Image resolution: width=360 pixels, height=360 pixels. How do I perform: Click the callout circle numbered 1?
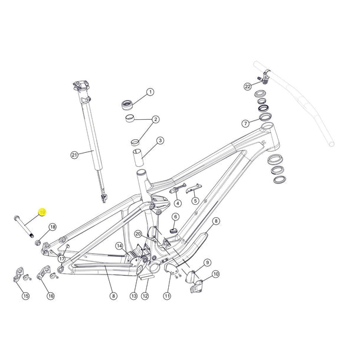tap(150, 92)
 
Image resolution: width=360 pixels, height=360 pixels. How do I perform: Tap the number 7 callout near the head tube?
tap(245, 123)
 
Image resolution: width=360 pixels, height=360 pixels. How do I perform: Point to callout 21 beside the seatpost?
tap(74, 155)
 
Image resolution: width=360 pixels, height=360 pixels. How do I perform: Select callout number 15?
tap(25, 296)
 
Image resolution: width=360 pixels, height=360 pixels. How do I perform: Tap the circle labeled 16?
tap(50, 296)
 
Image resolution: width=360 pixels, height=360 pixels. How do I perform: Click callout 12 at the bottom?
tap(145, 296)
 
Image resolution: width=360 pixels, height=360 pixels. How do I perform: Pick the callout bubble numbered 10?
tap(215, 274)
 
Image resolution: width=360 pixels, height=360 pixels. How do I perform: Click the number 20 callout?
tap(138, 234)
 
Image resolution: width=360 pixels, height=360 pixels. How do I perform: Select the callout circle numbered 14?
tap(119, 246)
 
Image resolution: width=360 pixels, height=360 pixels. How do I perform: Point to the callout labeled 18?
tap(53, 227)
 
